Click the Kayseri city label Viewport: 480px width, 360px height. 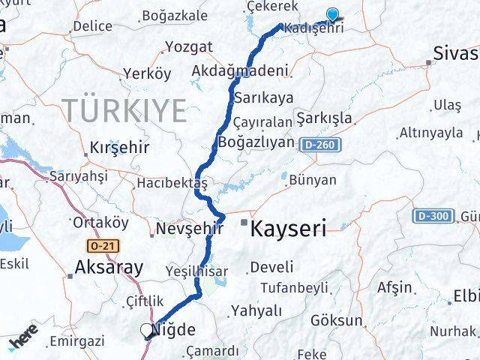pyautogui.click(x=289, y=229)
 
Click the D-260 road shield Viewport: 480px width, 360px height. pyautogui.click(x=322, y=144)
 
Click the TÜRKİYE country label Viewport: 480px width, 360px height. pyautogui.click(x=124, y=111)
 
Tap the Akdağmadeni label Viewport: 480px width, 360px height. pyautogui.click(x=240, y=71)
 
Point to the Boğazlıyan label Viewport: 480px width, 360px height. pyautogui.click(x=256, y=141)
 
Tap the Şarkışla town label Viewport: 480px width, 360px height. pyautogui.click(x=324, y=118)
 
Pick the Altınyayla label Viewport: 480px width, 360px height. pyautogui.click(x=430, y=133)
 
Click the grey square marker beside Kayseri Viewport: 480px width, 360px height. pyautogui.click(x=244, y=223)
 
